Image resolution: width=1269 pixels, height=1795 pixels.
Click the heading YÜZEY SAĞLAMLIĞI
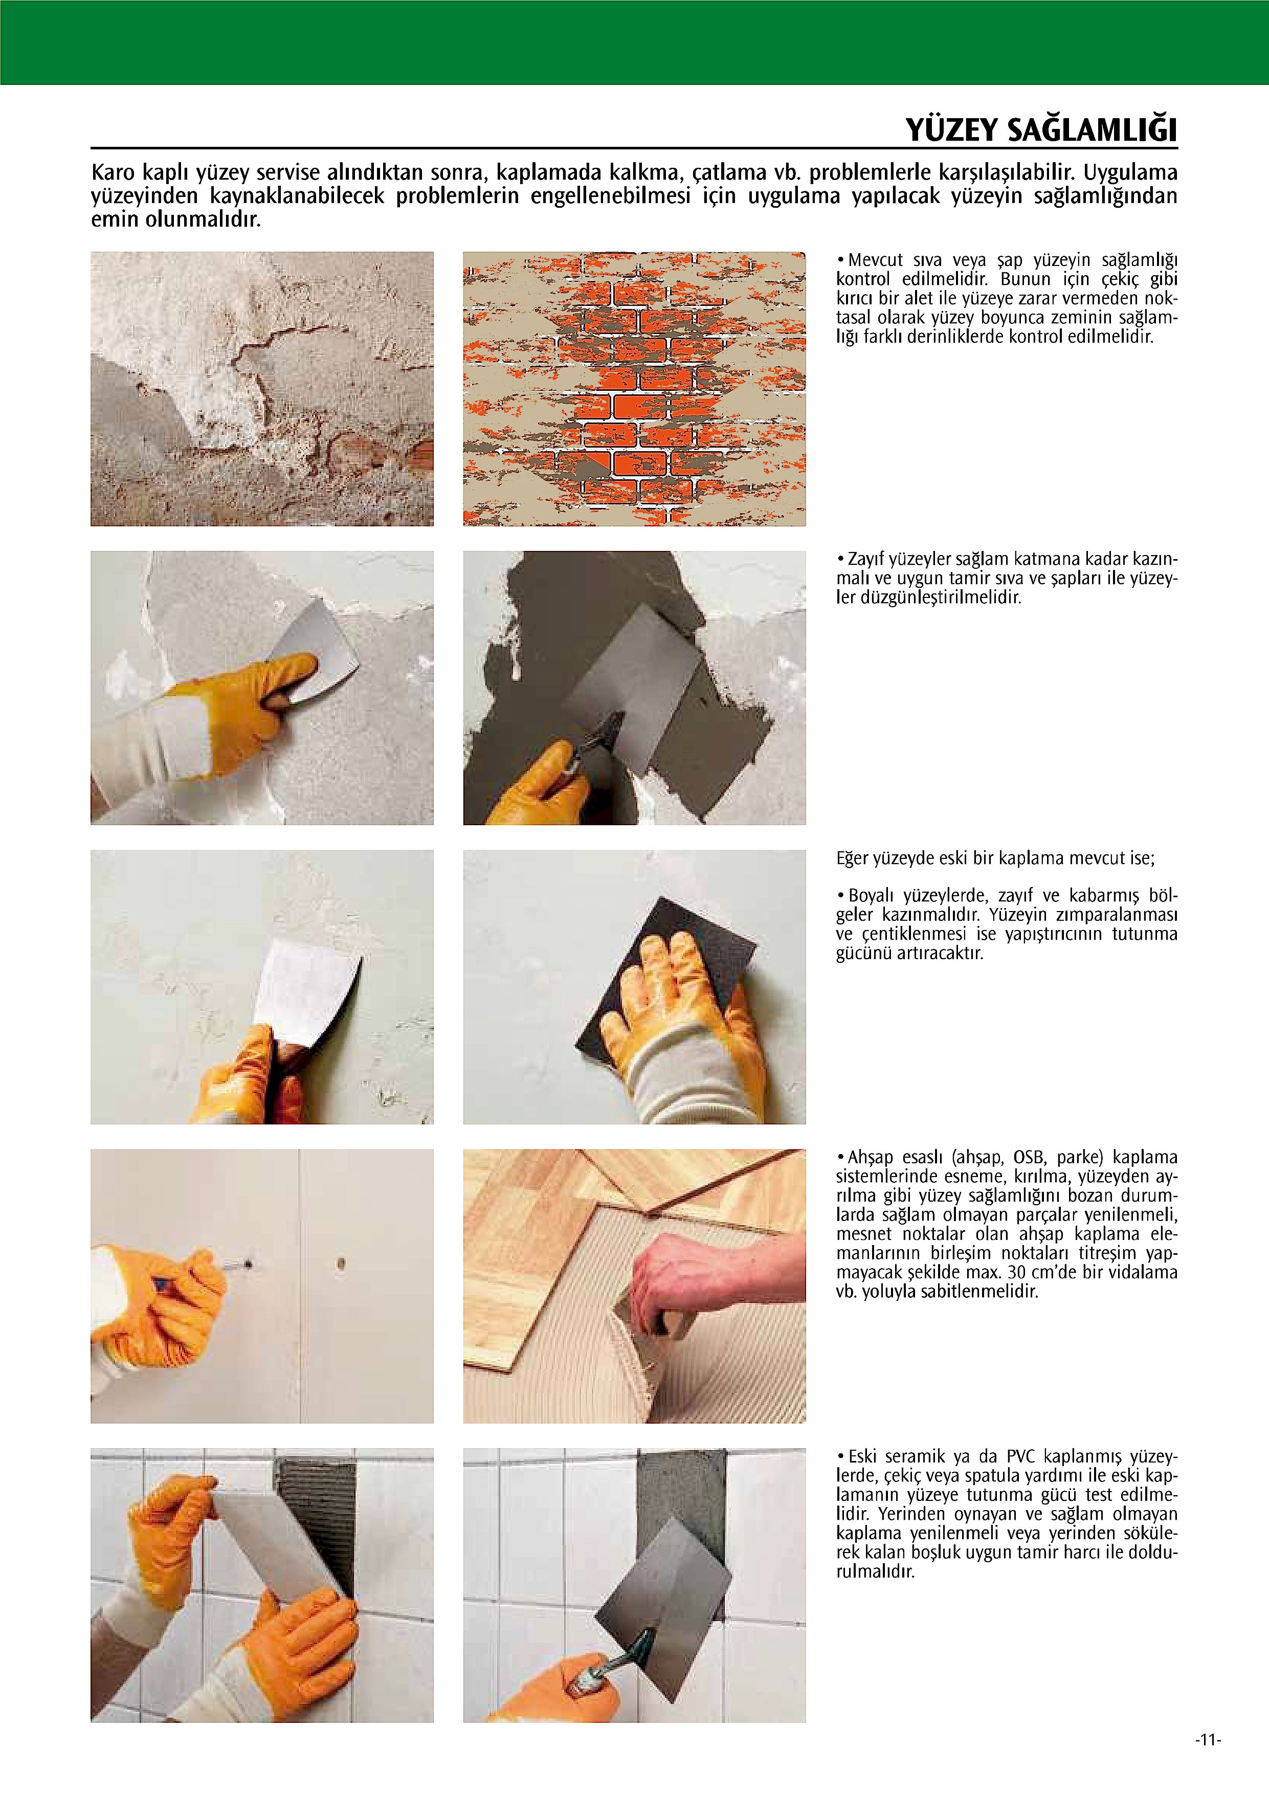(x=1041, y=130)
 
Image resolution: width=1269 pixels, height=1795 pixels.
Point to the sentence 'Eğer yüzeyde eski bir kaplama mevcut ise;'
(x=995, y=858)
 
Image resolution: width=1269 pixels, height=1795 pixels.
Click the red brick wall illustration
(x=634, y=389)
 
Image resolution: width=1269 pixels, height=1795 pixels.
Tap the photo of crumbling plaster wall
(x=262, y=389)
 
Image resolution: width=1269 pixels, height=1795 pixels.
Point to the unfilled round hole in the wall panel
(x=341, y=1262)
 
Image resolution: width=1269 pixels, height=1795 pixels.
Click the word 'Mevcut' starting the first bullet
(x=875, y=260)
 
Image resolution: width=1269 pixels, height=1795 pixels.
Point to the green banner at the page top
(x=634, y=42)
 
